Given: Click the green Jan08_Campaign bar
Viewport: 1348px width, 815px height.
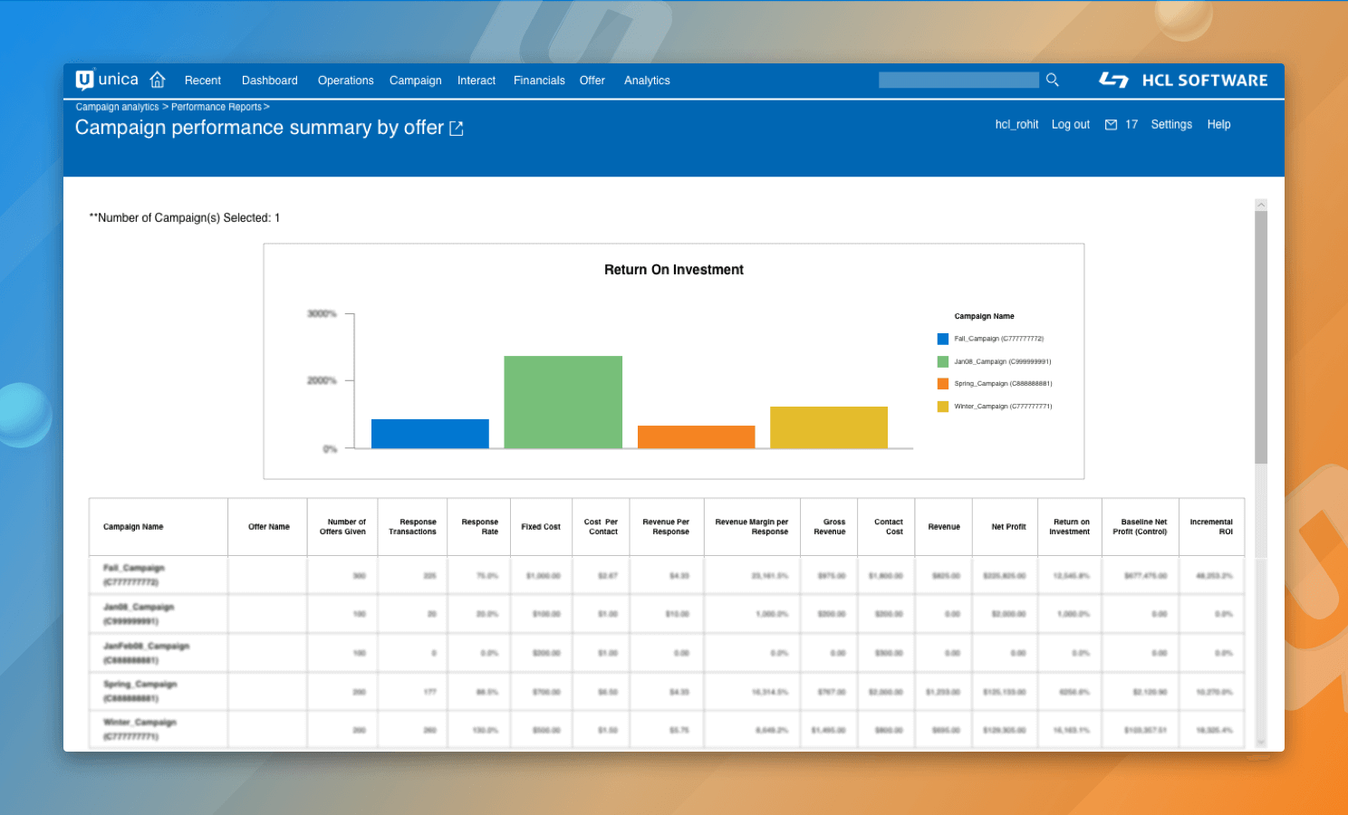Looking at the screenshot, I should click(563, 402).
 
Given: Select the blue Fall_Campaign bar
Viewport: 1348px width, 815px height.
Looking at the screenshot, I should click(429, 434).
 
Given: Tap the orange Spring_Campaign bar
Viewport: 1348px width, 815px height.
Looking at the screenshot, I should click(696, 436).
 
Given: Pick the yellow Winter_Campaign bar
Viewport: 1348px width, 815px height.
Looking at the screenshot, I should click(828, 427).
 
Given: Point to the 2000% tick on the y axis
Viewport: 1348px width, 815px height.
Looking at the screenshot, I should click(322, 380).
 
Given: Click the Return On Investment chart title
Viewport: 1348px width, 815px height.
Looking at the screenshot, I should click(673, 270).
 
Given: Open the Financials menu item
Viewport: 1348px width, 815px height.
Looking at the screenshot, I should click(539, 81).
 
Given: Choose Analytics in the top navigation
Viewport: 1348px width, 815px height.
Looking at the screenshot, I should click(647, 81).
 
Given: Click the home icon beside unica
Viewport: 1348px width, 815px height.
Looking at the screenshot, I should click(158, 80).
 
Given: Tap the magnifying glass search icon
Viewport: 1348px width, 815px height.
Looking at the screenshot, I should click(1052, 80).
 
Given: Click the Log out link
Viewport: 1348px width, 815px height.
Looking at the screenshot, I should click(1070, 125).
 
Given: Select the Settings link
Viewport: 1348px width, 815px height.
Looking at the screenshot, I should click(1170, 125).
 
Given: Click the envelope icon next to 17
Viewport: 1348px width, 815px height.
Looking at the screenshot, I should click(1111, 125).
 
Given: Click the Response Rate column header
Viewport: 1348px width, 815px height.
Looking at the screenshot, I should click(479, 527).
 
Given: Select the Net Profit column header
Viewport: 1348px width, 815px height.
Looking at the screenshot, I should click(1008, 527).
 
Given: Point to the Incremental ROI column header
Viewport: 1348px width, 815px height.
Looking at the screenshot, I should click(1210, 527).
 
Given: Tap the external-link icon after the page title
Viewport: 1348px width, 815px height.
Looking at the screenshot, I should click(457, 129).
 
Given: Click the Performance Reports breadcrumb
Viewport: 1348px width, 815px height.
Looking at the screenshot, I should click(216, 107).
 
